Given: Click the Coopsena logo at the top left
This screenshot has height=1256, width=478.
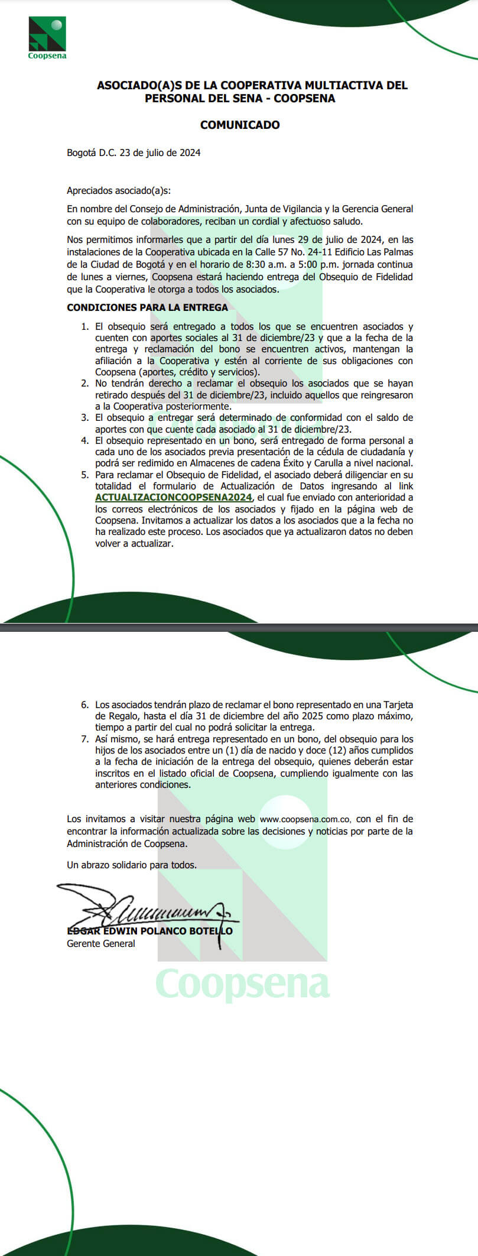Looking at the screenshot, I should click(47, 37).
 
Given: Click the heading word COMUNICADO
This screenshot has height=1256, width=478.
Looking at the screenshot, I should click(240, 125).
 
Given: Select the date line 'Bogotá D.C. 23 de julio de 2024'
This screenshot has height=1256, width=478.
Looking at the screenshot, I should click(134, 152).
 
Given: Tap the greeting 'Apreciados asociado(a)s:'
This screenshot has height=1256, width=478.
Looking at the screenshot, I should click(119, 190).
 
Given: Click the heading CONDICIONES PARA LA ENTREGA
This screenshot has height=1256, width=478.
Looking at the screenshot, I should click(147, 307).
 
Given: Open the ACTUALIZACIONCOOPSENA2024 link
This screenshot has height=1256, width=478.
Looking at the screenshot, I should click(174, 497).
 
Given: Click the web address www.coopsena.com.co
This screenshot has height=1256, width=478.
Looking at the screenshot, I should click(305, 819).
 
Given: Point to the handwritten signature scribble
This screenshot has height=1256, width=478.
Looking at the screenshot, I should click(148, 905).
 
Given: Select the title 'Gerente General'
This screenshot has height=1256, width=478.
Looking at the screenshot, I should click(100, 943).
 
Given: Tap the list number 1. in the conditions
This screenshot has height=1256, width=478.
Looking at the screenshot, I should click(85, 326).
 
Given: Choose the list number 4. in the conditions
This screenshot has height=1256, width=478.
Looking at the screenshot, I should click(85, 440).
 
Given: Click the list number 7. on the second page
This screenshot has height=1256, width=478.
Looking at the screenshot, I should click(85, 739).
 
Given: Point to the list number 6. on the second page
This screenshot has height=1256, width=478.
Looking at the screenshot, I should click(85, 705).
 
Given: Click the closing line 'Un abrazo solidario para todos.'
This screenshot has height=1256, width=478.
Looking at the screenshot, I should click(132, 865).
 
